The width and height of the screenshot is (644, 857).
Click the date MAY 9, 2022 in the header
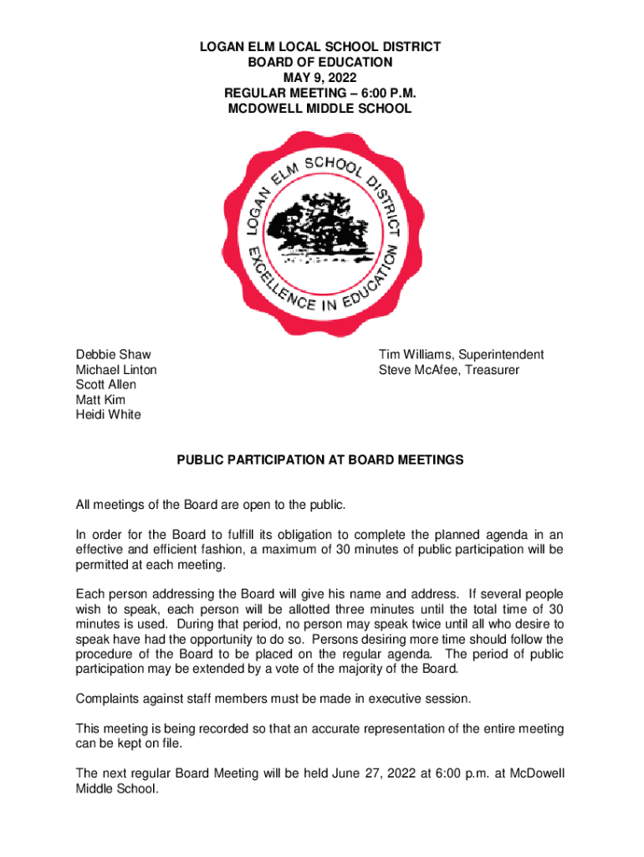(x=319, y=78)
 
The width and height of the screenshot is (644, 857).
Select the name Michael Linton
(x=116, y=370)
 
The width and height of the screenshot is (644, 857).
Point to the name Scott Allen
(x=106, y=385)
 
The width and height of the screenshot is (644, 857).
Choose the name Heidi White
(x=109, y=415)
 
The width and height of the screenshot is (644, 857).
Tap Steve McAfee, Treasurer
(x=448, y=370)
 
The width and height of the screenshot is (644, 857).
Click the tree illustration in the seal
(x=321, y=222)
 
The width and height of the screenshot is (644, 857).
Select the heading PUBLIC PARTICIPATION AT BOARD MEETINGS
(x=319, y=460)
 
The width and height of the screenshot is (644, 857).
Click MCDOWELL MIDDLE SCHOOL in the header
(x=319, y=109)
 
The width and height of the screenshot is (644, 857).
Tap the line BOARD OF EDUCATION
(x=319, y=63)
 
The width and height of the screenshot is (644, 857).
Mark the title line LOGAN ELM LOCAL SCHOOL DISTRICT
(x=319, y=48)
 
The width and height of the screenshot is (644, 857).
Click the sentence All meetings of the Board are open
(x=210, y=505)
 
